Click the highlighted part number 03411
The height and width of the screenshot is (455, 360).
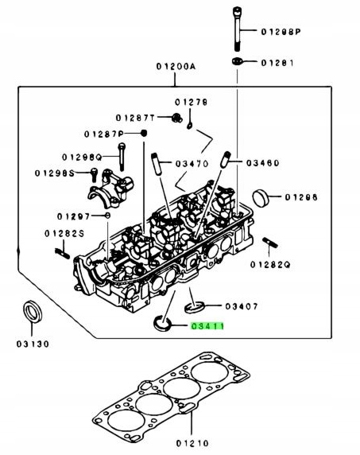(x=207, y=326)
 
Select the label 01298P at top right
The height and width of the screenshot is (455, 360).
(x=282, y=32)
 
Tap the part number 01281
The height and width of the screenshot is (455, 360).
(x=279, y=62)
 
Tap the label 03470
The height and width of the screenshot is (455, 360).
(x=191, y=164)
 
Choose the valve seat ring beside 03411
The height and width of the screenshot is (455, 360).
(x=162, y=322)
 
